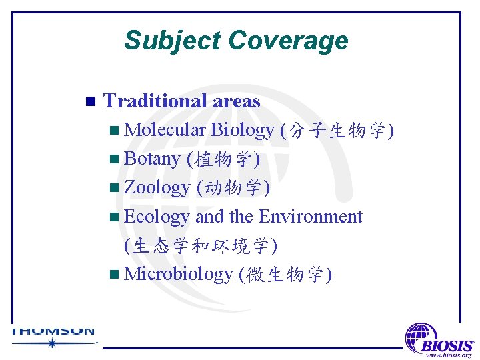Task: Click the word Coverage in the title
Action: (x=287, y=41)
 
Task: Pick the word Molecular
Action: (x=165, y=130)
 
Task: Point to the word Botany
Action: (x=152, y=159)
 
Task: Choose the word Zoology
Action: (x=157, y=188)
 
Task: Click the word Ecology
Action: (x=157, y=217)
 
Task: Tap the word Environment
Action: (x=310, y=217)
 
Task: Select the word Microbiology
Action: (x=178, y=274)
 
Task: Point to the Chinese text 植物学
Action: (x=223, y=159)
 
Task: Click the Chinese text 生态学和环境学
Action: (x=201, y=246)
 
